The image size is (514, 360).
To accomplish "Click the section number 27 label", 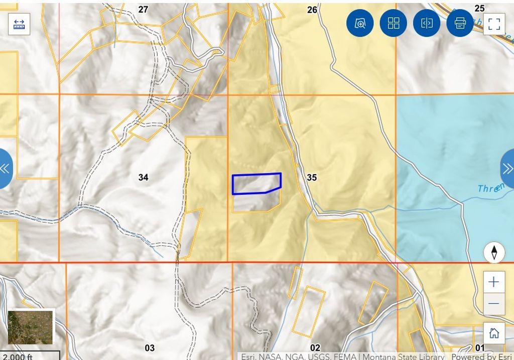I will click(144, 10).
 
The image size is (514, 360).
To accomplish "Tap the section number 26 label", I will click(312, 10).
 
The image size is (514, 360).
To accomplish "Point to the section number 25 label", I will click(479, 8).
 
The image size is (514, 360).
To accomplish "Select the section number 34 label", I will click(144, 177).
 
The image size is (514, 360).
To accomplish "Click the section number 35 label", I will click(312, 177).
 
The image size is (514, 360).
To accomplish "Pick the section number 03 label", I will click(150, 348).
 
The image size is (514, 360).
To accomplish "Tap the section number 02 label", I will click(315, 348).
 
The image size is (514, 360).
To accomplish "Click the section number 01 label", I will click(480, 348).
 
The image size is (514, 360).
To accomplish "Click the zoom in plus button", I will click(493, 282).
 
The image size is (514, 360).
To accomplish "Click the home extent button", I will click(494, 333).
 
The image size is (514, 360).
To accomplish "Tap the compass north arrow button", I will click(494, 253).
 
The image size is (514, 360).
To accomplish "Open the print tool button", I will click(460, 23).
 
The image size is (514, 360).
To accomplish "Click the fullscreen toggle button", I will click(494, 24).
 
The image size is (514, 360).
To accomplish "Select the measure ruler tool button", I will click(19, 24).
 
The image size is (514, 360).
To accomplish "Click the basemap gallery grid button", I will click(394, 23).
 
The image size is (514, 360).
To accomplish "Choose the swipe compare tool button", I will click(427, 23).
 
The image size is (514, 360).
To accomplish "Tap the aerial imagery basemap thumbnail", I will click(30, 327).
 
